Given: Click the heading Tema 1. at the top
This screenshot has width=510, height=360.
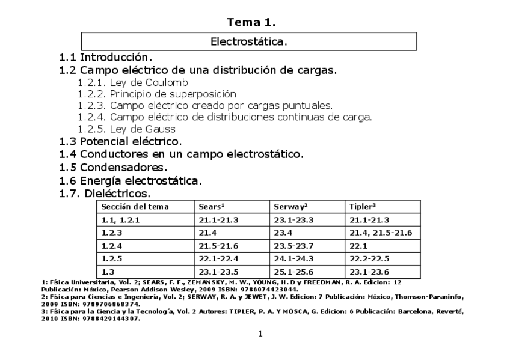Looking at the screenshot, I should [251, 23].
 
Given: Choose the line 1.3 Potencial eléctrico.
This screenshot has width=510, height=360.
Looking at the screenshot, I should [120, 142].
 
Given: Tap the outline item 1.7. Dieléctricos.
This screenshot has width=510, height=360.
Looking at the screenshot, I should [105, 194].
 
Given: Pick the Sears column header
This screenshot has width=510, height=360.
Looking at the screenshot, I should [212, 207].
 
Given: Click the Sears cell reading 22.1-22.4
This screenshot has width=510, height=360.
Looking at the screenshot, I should [219, 259].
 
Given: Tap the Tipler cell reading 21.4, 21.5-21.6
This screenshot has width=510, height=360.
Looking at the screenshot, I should [381, 233].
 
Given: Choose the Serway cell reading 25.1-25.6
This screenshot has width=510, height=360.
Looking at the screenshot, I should [294, 272].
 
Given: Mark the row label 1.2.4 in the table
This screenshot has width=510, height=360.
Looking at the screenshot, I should [112, 246].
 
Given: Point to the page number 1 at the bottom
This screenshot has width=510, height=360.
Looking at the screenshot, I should [260, 334].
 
